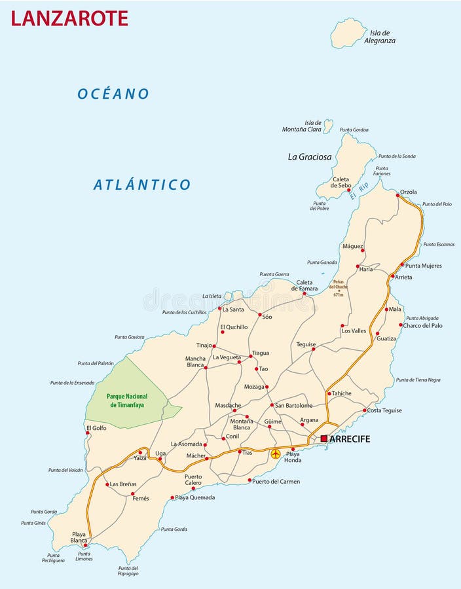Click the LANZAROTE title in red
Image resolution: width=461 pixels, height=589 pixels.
(x=69, y=18)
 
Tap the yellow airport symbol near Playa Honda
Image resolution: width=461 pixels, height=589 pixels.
(x=276, y=454)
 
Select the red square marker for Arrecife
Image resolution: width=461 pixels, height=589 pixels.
(x=324, y=438)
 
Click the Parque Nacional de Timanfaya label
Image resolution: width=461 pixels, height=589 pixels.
(x=127, y=401)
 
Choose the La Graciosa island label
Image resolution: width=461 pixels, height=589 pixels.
(x=310, y=157)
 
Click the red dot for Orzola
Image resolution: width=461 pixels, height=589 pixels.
(x=397, y=195)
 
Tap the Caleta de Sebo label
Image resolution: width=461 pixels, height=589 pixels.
(x=341, y=182)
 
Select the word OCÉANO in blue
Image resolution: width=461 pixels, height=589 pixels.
(x=113, y=94)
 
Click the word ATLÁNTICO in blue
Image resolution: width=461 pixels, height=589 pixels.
(x=142, y=185)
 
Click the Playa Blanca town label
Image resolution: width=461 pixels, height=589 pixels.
(x=79, y=537)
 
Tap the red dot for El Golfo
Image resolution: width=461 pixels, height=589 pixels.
(x=88, y=433)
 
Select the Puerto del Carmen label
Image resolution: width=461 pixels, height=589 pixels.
(x=276, y=482)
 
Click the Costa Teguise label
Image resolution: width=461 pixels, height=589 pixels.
(x=384, y=410)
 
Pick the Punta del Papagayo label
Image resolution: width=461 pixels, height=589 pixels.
(x=128, y=571)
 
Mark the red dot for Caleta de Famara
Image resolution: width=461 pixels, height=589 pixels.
(x=304, y=294)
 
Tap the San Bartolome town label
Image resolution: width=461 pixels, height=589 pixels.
(x=293, y=406)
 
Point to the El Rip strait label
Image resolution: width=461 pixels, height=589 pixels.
(x=359, y=191)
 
